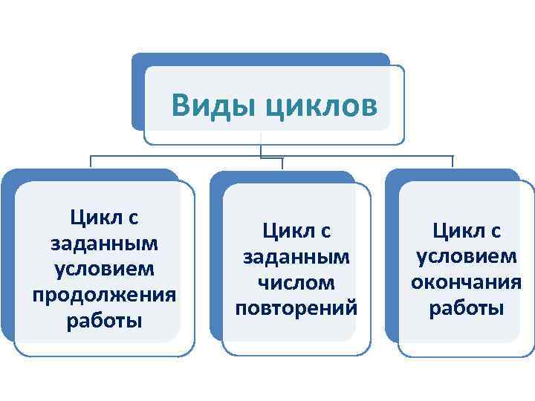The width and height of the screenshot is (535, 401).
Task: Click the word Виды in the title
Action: [212, 105]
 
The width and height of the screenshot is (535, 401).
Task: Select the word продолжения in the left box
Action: [104, 294]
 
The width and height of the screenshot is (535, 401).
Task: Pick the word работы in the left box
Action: [104, 321]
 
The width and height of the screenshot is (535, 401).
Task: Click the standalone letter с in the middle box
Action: [325, 232]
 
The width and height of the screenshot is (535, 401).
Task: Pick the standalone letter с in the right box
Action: [496, 232]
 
